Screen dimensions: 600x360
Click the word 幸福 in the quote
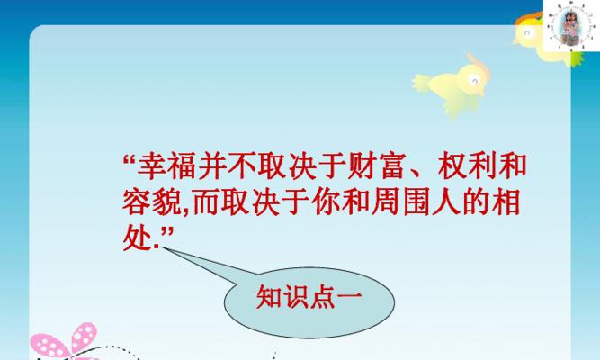pos(167,166)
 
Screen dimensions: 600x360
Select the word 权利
pos(467,166)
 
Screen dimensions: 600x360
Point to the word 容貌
pos(151,202)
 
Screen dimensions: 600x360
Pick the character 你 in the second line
pos(326,202)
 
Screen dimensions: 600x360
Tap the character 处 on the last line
pos(137,237)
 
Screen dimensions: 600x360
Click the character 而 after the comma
pos(207,202)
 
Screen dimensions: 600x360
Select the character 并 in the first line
pos(212,166)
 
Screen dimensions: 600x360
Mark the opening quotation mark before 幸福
pos(130,159)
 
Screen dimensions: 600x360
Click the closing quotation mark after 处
pos(166,232)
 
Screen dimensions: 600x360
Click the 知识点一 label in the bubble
pos(309,297)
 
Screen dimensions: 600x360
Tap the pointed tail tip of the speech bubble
pos(162,247)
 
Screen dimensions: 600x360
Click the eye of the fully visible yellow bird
pos(474,81)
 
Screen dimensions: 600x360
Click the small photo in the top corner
pos(571,25)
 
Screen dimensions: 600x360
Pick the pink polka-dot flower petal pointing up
pos(85,337)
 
